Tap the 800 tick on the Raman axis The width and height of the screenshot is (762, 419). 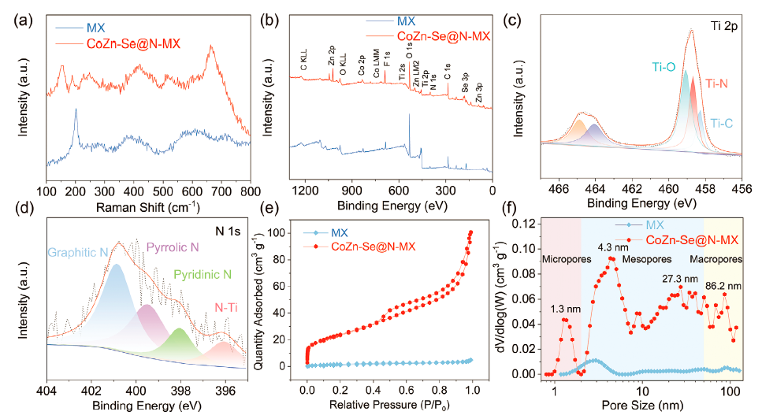[250, 191]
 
